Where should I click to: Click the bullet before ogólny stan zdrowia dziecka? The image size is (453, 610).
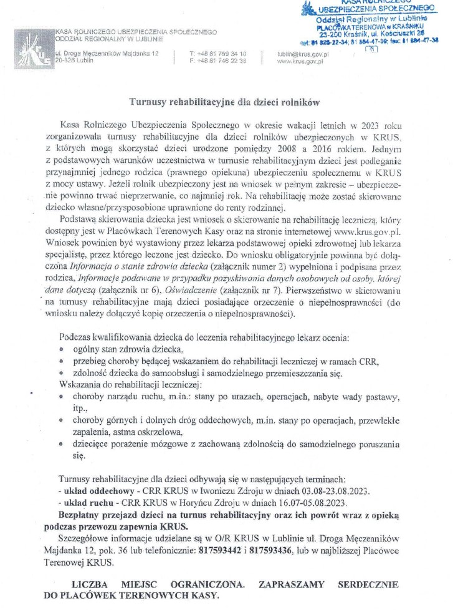62,349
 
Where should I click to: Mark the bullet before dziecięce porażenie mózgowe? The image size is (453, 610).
62,445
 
